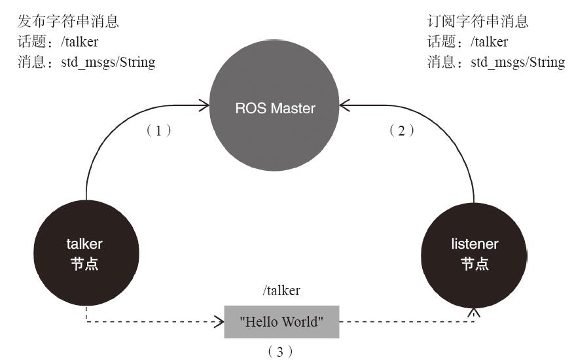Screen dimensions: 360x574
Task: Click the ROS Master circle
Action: (x=275, y=107)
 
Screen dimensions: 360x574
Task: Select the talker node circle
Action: (x=84, y=253)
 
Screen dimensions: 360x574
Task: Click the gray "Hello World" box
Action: (x=281, y=321)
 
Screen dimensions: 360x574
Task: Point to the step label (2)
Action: (x=402, y=130)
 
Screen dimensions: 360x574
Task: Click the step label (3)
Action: (x=280, y=351)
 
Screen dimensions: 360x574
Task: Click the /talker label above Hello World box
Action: (x=281, y=291)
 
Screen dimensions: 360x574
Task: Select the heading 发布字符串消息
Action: (x=69, y=22)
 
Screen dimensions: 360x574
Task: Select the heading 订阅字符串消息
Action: (x=478, y=22)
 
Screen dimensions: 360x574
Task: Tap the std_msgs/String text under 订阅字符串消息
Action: (x=517, y=62)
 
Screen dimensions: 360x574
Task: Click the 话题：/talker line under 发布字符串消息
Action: (x=58, y=42)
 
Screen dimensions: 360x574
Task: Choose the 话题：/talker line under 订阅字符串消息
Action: (x=467, y=42)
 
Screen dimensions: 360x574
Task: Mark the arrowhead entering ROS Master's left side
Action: (x=205, y=104)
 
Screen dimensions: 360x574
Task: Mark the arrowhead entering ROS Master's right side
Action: (x=344, y=105)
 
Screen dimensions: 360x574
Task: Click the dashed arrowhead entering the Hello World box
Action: (x=220, y=321)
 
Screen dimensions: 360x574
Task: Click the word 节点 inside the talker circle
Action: (x=84, y=264)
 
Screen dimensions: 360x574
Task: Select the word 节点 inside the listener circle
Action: (x=475, y=264)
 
